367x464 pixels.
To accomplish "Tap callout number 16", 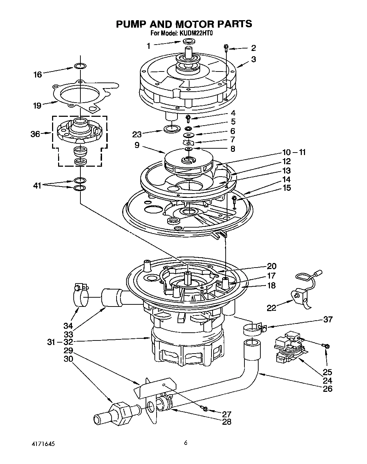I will point(38,74).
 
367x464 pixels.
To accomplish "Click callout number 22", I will point(271,308).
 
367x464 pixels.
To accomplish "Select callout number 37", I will point(328,320).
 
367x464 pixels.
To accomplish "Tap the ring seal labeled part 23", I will point(171,128).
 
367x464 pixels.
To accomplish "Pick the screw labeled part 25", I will point(326,345).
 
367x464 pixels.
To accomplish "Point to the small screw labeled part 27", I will point(205,409).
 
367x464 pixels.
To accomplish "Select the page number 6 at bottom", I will point(186,442).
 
